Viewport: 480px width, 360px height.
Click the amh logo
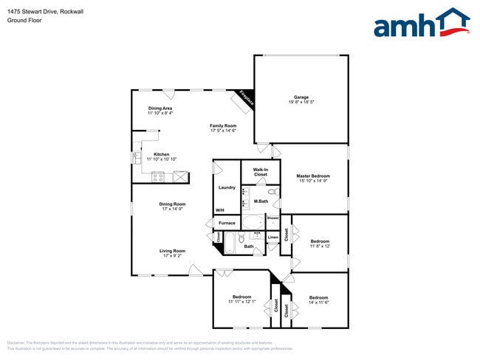(421, 23)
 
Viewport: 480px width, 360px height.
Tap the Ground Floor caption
(24, 20)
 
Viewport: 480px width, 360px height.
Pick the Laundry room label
(227, 187)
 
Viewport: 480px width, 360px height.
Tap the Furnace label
(227, 223)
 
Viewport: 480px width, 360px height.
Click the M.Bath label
(261, 201)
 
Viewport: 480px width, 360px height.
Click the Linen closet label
(273, 238)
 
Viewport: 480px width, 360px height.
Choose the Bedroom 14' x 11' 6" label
(318, 299)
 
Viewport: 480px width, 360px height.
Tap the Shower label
(273, 218)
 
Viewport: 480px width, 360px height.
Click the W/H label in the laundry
(219, 211)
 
